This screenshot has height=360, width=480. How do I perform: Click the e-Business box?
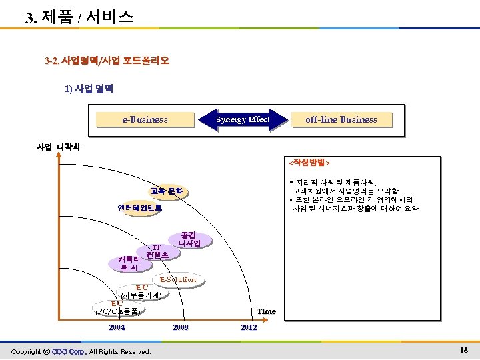[x=145, y=120]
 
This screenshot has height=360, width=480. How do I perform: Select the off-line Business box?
[x=341, y=120]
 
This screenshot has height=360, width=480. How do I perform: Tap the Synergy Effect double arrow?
[x=243, y=120]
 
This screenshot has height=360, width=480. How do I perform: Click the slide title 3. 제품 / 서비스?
[x=79, y=17]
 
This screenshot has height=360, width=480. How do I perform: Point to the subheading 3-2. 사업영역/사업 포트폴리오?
[x=107, y=61]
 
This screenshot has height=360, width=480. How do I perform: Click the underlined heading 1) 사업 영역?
[x=89, y=88]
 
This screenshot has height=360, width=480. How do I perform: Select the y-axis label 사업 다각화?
[x=58, y=147]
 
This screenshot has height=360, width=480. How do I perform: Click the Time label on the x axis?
[x=266, y=311]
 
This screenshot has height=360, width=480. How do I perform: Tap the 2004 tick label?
[x=116, y=327]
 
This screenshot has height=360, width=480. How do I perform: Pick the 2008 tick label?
[x=180, y=327]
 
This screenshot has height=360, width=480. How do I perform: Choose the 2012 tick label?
[x=248, y=327]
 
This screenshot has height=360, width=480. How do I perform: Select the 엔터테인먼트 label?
[x=139, y=208]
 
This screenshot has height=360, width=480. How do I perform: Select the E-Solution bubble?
[x=177, y=279]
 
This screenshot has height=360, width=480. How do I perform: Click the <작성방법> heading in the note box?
[x=309, y=162]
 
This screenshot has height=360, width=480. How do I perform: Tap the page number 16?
[x=464, y=351]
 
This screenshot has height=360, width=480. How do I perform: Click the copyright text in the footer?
[x=81, y=351]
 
